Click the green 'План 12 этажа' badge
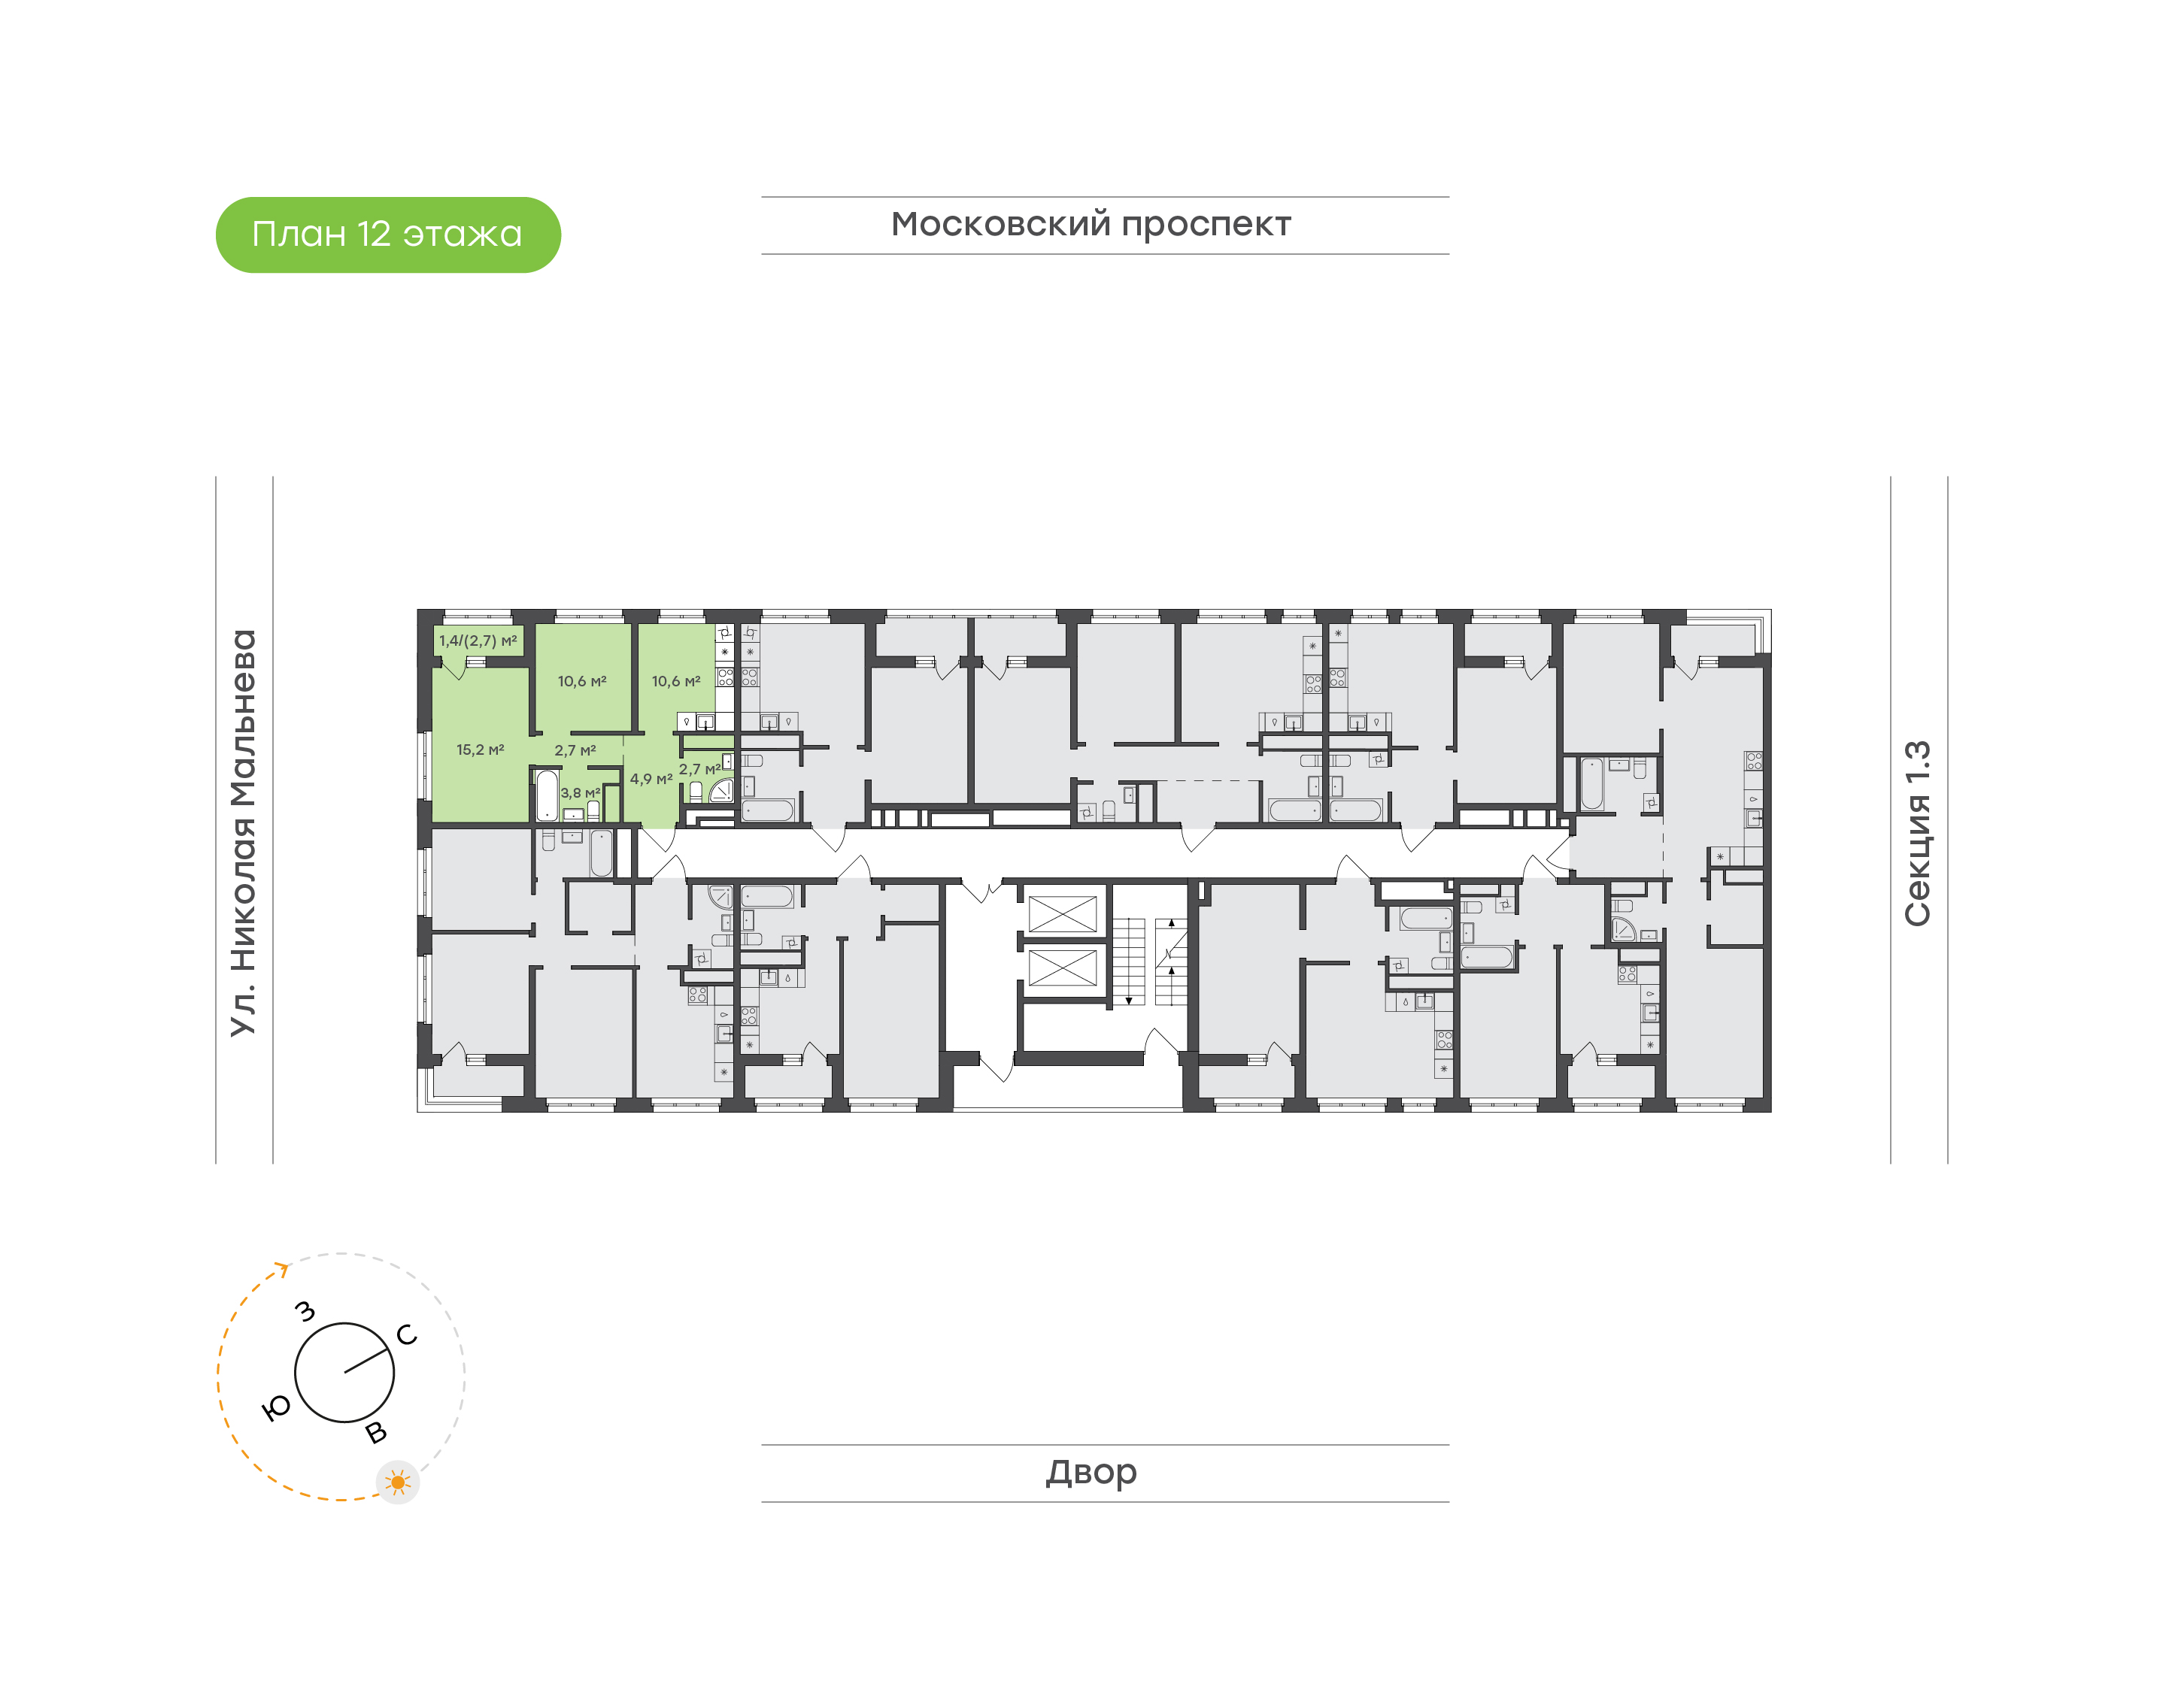pyautogui.click(x=388, y=235)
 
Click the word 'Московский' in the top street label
pyautogui.click(x=1000, y=224)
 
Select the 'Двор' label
pyautogui.click(x=1091, y=1471)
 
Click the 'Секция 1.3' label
pyautogui.click(x=1916, y=834)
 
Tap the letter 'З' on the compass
pyautogui.click(x=305, y=1311)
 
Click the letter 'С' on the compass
pyautogui.click(x=406, y=1334)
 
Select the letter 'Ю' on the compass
pyautogui.click(x=275, y=1407)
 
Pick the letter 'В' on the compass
pyautogui.click(x=376, y=1432)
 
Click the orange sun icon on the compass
pyautogui.click(x=398, y=1482)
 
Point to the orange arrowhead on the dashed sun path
pyautogui.click(x=284, y=1268)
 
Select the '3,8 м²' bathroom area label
pyautogui.click(x=580, y=793)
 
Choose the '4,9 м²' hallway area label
pyautogui.click(x=651, y=779)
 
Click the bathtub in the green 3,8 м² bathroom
pyautogui.click(x=548, y=795)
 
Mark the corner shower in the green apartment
pyautogui.click(x=721, y=790)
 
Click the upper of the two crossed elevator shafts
pyautogui.click(x=1062, y=914)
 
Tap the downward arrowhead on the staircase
pyautogui.click(x=1128, y=1001)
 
